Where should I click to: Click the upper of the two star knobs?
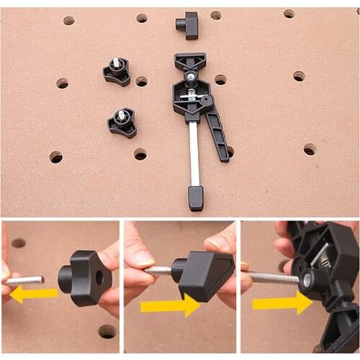point(117,71)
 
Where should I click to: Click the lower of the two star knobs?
point(122,122)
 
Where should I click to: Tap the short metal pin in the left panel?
point(26,279)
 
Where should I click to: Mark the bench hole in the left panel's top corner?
point(18,243)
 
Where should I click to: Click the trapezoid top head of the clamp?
point(190,62)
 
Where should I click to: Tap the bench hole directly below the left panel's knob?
point(107,330)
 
